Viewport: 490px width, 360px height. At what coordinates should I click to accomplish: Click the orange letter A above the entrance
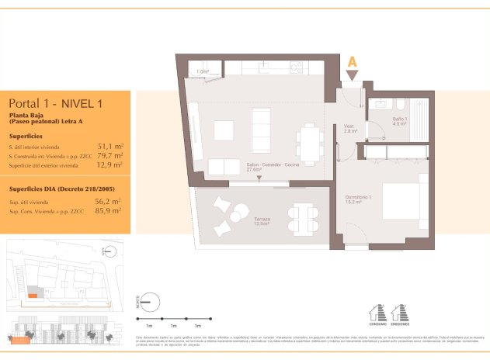click(x=353, y=61)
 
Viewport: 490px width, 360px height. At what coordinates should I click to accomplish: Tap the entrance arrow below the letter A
click(x=353, y=75)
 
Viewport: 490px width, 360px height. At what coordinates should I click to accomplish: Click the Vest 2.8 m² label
click(x=350, y=129)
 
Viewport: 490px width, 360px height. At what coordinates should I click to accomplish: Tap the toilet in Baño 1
click(x=398, y=106)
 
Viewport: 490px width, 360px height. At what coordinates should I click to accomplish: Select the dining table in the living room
click(x=311, y=142)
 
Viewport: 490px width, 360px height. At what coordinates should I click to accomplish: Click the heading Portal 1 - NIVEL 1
click(x=56, y=102)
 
